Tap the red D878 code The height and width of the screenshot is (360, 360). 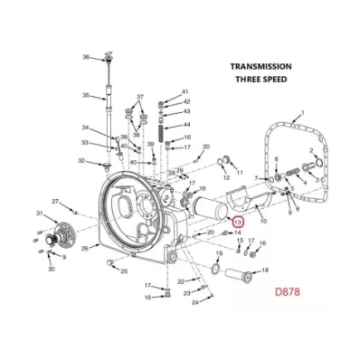[291, 293]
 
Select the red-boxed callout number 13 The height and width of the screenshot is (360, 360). [238, 222]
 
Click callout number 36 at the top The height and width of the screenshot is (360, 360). [87, 57]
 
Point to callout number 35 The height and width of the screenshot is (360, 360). [87, 96]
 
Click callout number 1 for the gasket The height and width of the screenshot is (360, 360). [302, 112]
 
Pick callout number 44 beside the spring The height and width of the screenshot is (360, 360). [186, 125]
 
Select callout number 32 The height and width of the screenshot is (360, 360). [81, 162]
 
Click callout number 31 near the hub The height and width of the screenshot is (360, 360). [39, 213]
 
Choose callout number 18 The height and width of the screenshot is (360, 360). [265, 270]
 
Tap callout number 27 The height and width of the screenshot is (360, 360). [54, 201]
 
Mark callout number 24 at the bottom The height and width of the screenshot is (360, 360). [194, 302]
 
